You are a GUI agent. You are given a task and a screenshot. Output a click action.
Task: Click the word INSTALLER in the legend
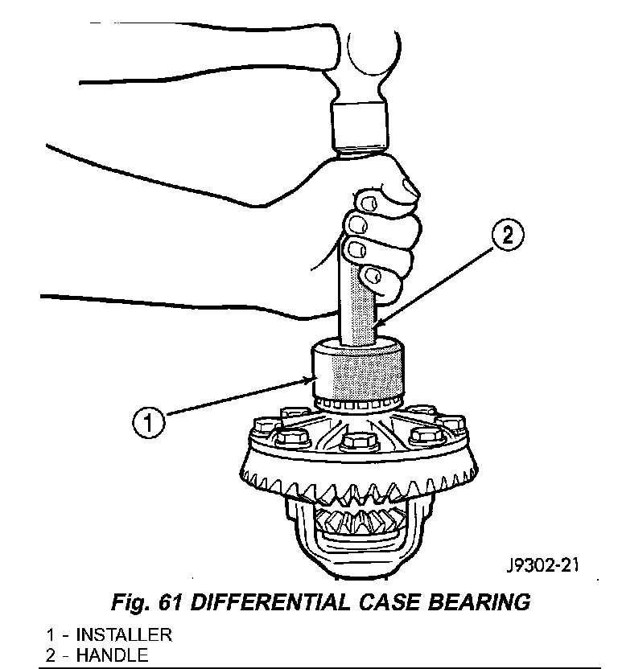[x=124, y=634]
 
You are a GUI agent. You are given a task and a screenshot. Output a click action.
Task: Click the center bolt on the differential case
[x=356, y=442]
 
